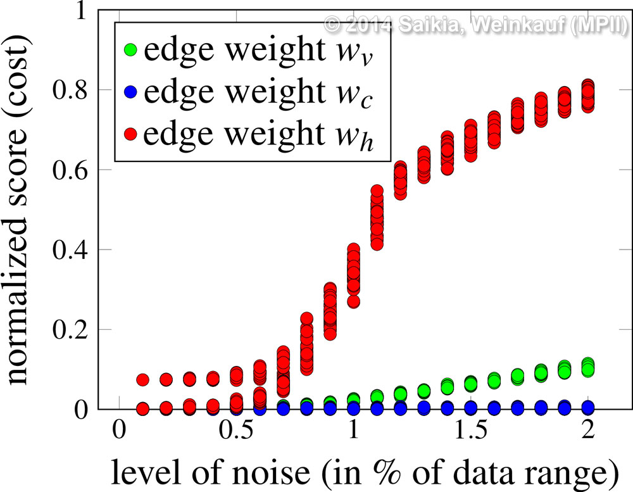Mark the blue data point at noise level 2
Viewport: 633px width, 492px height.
[x=588, y=407]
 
